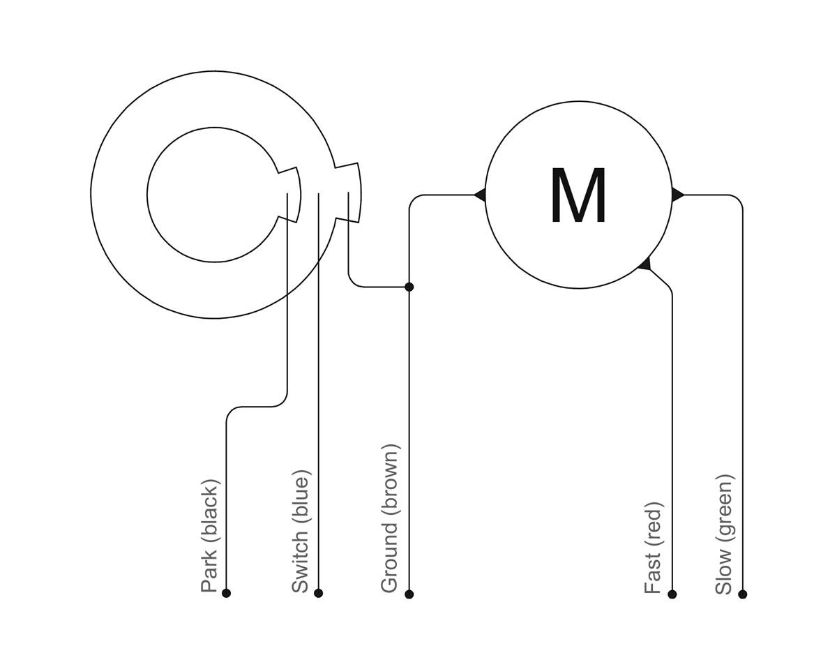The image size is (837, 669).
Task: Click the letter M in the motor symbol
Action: point(578,195)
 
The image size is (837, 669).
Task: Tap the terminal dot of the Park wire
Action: point(227,593)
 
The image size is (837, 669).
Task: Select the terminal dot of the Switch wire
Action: point(318,593)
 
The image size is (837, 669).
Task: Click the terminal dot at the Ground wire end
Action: point(409,594)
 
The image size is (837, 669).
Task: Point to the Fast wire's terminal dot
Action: point(672,594)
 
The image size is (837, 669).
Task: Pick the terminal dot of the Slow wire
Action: point(742,594)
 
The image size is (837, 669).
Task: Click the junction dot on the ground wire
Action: point(409,287)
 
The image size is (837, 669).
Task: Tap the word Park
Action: point(209,569)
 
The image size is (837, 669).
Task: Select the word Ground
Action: point(390,557)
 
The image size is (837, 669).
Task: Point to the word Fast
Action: point(653,573)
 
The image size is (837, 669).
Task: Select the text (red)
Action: point(654,525)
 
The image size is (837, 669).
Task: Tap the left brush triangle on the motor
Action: point(480,195)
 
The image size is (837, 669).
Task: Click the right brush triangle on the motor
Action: point(677,195)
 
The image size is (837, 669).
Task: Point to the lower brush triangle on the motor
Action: point(645,264)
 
